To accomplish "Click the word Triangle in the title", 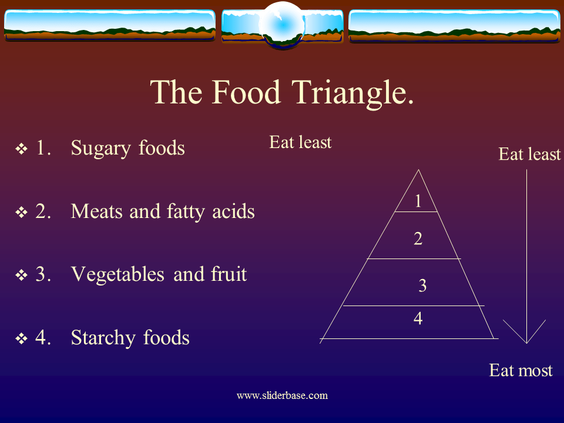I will (351, 92).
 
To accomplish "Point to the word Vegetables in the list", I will (119, 274).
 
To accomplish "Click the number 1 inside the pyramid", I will (418, 202).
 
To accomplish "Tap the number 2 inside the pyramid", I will (418, 239).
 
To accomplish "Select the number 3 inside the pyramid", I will (422, 286).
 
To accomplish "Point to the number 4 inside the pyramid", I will (418, 319).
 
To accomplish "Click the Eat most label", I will (521, 371).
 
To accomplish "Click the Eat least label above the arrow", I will (529, 155).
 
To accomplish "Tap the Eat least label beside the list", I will (300, 143).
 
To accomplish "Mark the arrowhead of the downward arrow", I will (526, 341).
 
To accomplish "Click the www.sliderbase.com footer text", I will (282, 395).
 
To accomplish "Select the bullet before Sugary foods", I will (22, 149).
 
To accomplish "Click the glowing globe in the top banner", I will (282, 25).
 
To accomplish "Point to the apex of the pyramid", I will (418, 170).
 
